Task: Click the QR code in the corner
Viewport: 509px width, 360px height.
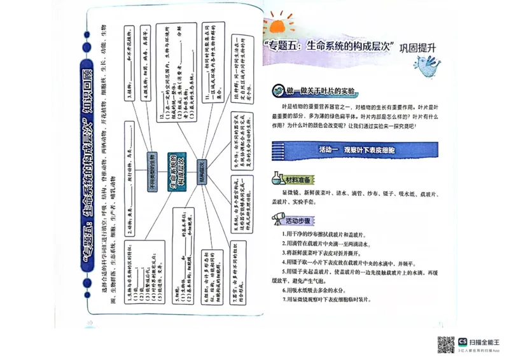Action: (x=445, y=344)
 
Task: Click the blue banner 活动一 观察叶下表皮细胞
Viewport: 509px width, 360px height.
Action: (x=356, y=150)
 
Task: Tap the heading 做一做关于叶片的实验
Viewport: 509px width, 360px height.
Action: (x=321, y=91)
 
